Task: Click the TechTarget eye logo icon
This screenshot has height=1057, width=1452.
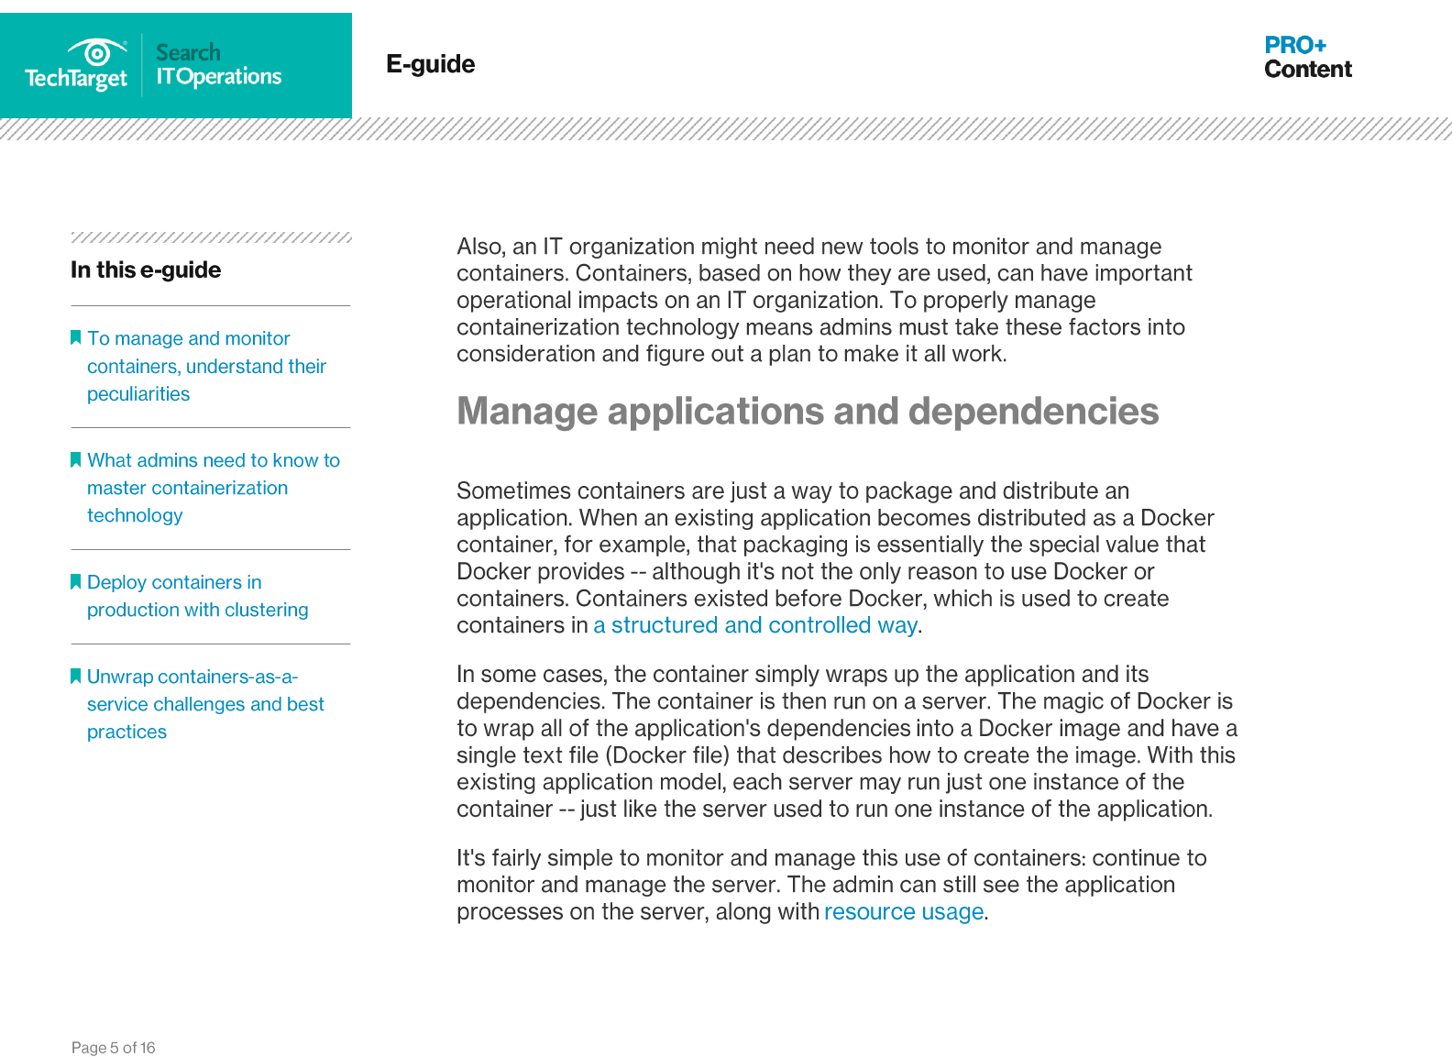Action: [96, 51]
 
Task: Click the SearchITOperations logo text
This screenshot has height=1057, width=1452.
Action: [218, 65]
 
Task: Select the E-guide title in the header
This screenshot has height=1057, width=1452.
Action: [430, 64]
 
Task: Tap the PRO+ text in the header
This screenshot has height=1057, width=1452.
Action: [1294, 45]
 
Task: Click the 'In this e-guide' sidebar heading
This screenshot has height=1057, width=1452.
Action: [146, 270]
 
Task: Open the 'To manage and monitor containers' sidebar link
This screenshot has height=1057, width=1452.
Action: [206, 366]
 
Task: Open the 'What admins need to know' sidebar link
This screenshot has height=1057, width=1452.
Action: [213, 488]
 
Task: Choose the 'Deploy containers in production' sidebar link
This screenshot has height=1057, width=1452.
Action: [197, 596]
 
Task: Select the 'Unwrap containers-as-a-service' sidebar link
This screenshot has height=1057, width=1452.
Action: [205, 704]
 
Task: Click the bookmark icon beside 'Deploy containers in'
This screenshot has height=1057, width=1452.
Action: [76, 581]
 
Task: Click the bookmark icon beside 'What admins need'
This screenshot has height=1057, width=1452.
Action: [76, 459]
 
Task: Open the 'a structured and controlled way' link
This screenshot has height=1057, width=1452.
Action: [754, 625]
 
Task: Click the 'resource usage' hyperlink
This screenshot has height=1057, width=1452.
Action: [903, 912]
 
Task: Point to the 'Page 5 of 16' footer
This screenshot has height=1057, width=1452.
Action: [114, 1048]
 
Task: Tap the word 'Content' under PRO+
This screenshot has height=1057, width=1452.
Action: [1307, 70]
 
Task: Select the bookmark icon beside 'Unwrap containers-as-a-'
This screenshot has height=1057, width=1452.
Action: [76, 676]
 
